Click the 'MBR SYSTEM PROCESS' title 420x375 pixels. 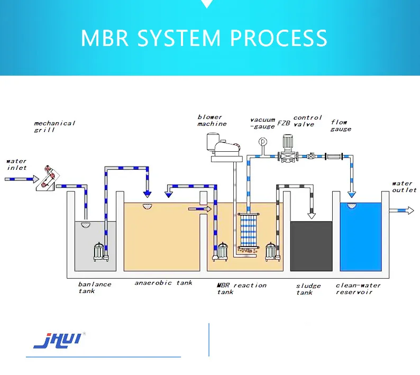[204, 38]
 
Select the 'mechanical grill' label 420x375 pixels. [54, 126]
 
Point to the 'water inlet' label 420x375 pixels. [16, 164]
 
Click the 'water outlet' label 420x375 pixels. [404, 187]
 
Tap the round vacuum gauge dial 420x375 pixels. [261, 142]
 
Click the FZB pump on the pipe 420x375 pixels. [287, 150]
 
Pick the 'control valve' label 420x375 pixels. [308, 121]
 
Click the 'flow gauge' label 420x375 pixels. [340, 125]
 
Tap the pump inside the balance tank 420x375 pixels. [100, 252]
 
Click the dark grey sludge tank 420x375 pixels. [312, 246]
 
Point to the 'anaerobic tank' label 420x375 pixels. [163, 283]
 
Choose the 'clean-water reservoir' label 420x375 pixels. [358, 289]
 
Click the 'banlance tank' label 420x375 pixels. [95, 287]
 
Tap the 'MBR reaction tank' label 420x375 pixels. [241, 288]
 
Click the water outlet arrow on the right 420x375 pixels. [402, 211]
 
